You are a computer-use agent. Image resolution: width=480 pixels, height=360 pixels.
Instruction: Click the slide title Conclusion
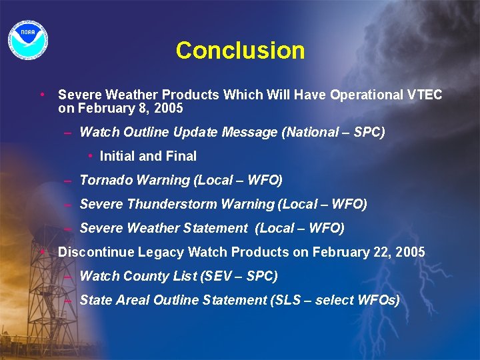pos(240,51)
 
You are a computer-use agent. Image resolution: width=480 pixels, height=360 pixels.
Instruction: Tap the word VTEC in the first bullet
pos(424,95)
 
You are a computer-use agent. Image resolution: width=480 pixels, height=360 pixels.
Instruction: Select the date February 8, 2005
pos(129,108)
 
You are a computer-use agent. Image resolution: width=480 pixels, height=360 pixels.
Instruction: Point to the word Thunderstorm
pos(167,204)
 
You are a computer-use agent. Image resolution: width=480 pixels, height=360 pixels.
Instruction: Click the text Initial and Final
pos(148,156)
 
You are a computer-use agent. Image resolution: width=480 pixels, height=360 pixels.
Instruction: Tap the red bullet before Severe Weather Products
pos(42,94)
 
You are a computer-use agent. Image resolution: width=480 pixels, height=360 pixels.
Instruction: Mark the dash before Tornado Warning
pos(69,180)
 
